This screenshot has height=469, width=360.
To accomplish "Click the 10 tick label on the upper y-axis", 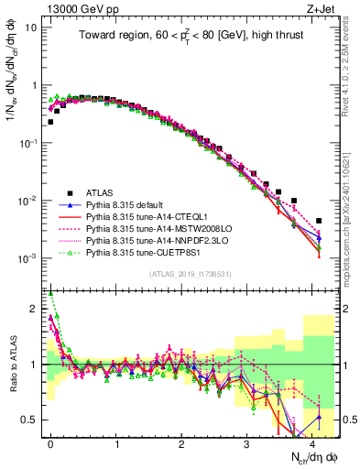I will coord(31,27).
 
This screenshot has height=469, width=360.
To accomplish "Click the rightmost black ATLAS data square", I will coord(318,221).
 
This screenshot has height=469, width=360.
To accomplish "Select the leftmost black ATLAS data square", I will coord(50,122).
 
